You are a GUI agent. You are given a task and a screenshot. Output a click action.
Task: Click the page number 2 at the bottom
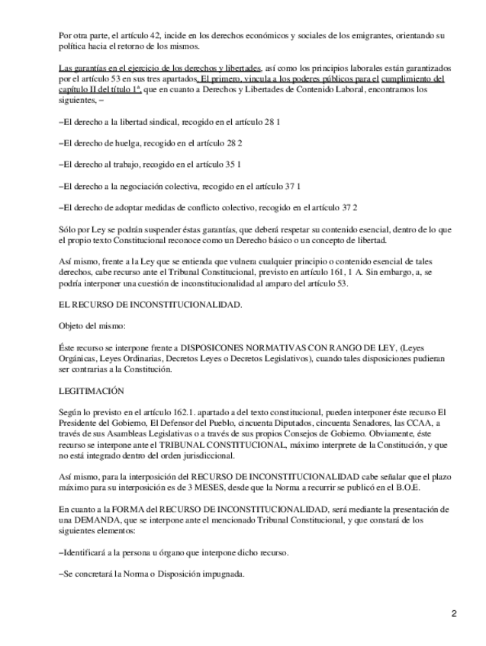[x=453, y=614]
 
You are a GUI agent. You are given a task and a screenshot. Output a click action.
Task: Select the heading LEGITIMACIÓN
[x=91, y=390]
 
